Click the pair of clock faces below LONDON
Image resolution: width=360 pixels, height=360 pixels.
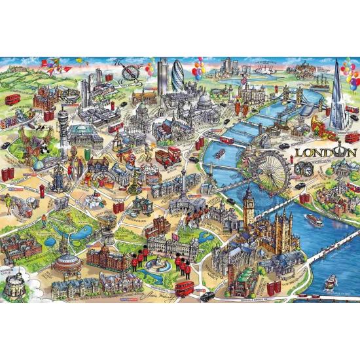pos(305,169)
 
